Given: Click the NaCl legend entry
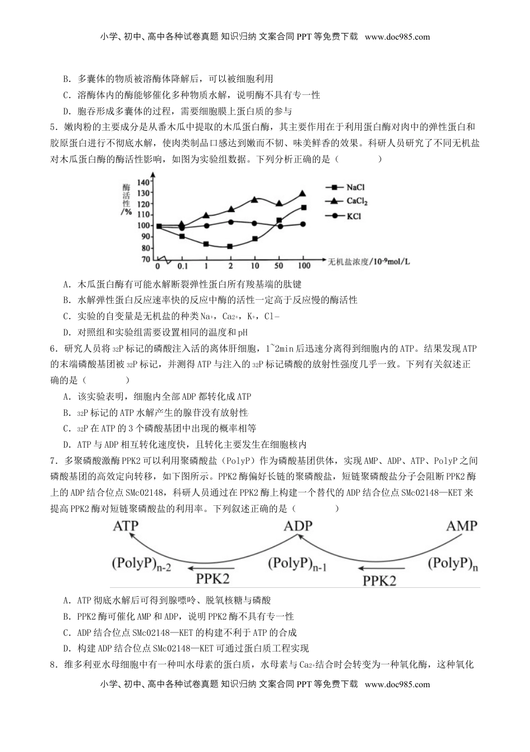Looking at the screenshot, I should [355, 188].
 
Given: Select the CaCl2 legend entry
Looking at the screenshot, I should [356, 201].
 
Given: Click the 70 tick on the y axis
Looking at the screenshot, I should [145, 259].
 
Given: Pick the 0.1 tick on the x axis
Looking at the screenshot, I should [182, 266].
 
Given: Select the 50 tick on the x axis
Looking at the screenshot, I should [279, 266].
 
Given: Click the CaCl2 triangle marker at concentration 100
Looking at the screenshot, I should [302, 193].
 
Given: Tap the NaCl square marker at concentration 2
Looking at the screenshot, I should [230, 246].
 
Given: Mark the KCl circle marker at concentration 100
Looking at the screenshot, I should [303, 224].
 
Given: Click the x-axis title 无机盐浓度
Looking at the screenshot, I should [349, 261].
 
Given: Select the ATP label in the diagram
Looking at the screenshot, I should [126, 526].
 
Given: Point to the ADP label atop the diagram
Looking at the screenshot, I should [298, 526].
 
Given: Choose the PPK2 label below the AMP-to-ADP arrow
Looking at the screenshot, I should [379, 580].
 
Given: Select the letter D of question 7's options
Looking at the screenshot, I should [66, 649].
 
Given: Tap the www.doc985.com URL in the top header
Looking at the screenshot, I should [397, 37].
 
